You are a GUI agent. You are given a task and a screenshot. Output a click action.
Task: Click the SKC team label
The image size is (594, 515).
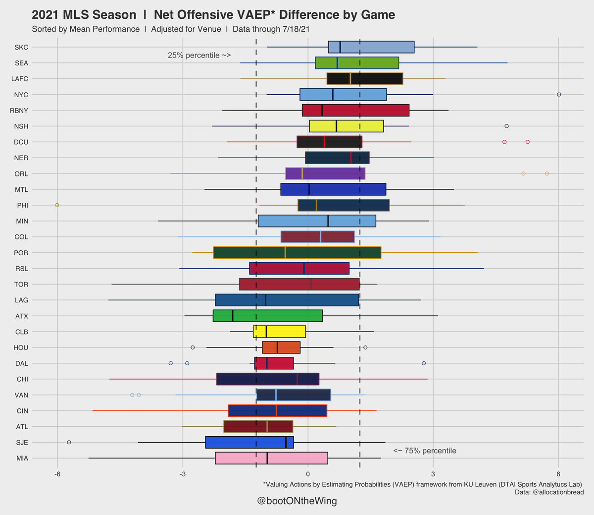(21, 48)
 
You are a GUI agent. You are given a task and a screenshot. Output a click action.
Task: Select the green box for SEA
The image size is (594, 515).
(357, 63)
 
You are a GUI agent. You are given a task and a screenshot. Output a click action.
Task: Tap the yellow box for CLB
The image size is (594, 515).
(280, 332)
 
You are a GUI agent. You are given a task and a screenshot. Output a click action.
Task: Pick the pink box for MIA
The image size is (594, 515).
(271, 458)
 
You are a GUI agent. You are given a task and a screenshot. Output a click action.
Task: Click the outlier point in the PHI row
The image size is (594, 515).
(57, 205)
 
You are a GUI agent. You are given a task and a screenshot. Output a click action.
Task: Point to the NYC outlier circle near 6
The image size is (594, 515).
(559, 94)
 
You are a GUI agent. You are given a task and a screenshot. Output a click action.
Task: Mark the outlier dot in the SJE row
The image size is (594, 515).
(69, 442)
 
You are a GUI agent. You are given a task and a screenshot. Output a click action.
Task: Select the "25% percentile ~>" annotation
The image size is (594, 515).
(199, 56)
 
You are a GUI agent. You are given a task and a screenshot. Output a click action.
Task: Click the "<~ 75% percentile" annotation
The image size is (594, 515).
(425, 451)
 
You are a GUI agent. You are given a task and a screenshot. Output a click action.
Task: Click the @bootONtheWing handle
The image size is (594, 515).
(297, 501)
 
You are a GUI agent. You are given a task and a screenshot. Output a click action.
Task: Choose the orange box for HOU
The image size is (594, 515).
(281, 347)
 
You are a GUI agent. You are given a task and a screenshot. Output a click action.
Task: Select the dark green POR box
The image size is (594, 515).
(297, 252)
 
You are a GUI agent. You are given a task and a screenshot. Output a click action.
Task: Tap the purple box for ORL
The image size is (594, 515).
(325, 173)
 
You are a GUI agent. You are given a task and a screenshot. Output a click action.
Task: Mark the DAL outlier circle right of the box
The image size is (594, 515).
(424, 363)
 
